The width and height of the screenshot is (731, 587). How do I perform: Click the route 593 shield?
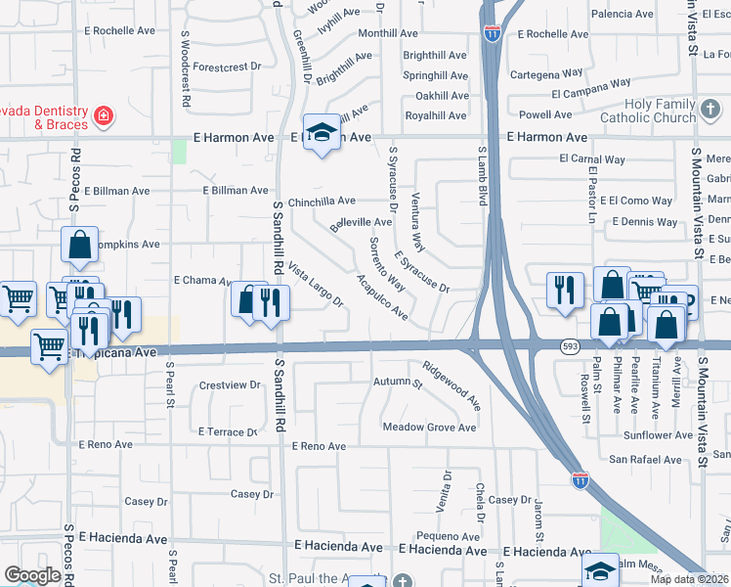click(x=571, y=346)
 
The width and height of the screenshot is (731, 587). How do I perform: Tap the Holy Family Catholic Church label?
click(x=647, y=111)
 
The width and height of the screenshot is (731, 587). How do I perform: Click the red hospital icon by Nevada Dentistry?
click(x=103, y=117)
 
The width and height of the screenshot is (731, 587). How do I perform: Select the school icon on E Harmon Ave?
click(x=320, y=133)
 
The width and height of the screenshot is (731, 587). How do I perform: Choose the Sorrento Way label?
click(x=387, y=264)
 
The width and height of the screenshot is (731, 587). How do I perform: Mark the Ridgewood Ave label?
click(x=451, y=385)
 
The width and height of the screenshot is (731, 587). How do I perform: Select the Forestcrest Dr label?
click(x=228, y=67)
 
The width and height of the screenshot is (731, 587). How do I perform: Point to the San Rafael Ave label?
click(x=646, y=459)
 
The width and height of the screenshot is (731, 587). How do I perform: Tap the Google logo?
click(x=32, y=575)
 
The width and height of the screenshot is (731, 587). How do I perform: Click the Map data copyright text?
click(x=689, y=579)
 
